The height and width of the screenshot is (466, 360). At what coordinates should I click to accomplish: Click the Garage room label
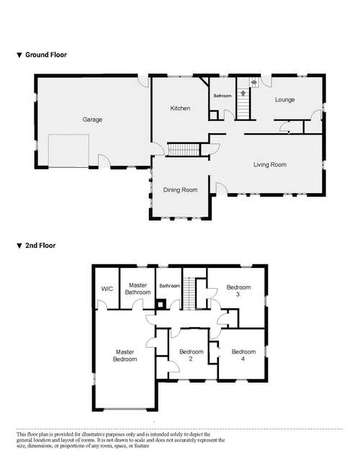point(92,120)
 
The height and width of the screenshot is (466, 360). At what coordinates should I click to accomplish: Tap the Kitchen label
point(180,108)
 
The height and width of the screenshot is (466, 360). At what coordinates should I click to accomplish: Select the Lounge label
point(284,100)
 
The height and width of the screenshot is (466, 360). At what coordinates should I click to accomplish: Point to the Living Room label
point(270,165)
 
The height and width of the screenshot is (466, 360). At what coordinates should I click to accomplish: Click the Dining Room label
point(180,190)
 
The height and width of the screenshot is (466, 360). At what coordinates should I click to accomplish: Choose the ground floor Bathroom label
point(222,96)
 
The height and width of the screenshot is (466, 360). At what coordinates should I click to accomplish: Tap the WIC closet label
point(107,289)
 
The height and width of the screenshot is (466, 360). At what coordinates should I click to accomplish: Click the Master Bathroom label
point(138,289)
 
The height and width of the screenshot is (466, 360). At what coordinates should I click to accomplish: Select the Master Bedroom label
point(125,356)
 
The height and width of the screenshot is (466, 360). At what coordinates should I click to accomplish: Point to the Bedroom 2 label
point(192,355)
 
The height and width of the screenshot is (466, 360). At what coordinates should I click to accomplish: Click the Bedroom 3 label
point(238,291)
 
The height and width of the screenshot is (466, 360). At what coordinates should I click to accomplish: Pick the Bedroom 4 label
point(243,355)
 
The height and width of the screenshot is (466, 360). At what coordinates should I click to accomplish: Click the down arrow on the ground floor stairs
point(243,94)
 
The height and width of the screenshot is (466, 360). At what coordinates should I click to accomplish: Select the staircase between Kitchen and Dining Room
point(184,150)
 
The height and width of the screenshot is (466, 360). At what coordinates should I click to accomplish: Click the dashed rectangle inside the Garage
point(68,151)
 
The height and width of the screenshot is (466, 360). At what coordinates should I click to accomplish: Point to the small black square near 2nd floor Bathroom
point(161,304)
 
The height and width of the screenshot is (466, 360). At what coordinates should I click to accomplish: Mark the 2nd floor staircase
point(189,294)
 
